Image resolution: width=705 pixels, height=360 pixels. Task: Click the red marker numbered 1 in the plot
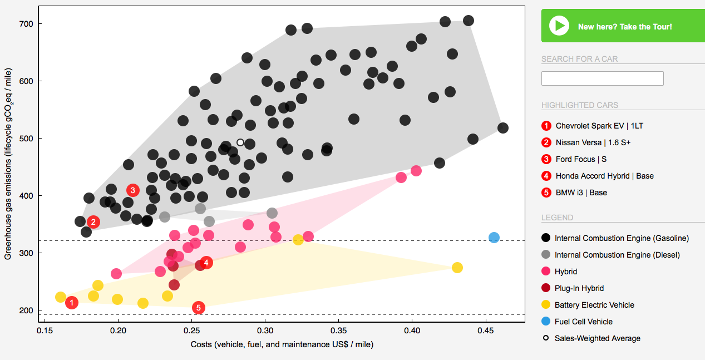pyautogui.click(x=71, y=303)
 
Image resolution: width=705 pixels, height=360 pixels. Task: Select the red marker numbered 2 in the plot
pyautogui.click(x=93, y=222)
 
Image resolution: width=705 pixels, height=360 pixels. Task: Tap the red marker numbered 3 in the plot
pyautogui.click(x=132, y=190)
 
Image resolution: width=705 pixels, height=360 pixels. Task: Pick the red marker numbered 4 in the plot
pyautogui.click(x=206, y=263)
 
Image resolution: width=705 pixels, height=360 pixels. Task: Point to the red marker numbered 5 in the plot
pyautogui.click(x=198, y=308)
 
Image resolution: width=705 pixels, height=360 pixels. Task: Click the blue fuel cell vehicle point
pyautogui.click(x=494, y=238)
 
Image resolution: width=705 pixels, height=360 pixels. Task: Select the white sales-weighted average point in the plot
pyautogui.click(x=240, y=142)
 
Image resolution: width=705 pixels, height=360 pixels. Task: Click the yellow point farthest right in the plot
pyautogui.click(x=457, y=268)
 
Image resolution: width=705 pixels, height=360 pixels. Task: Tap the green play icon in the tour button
pyautogui.click(x=559, y=26)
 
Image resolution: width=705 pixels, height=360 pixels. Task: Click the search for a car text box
pyautogui.click(x=602, y=78)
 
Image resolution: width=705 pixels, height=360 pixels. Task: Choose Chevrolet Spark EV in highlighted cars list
pyautogui.click(x=591, y=126)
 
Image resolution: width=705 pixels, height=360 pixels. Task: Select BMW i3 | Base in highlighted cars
pyautogui.click(x=581, y=193)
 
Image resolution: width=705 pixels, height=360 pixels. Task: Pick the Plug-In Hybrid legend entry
pyautogui.click(x=579, y=288)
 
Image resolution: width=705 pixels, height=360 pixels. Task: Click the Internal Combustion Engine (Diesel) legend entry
pyautogui.click(x=617, y=255)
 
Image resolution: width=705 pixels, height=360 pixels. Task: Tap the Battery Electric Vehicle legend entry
pyautogui.click(x=594, y=305)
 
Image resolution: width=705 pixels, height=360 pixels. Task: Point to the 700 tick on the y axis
pyautogui.click(x=27, y=24)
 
